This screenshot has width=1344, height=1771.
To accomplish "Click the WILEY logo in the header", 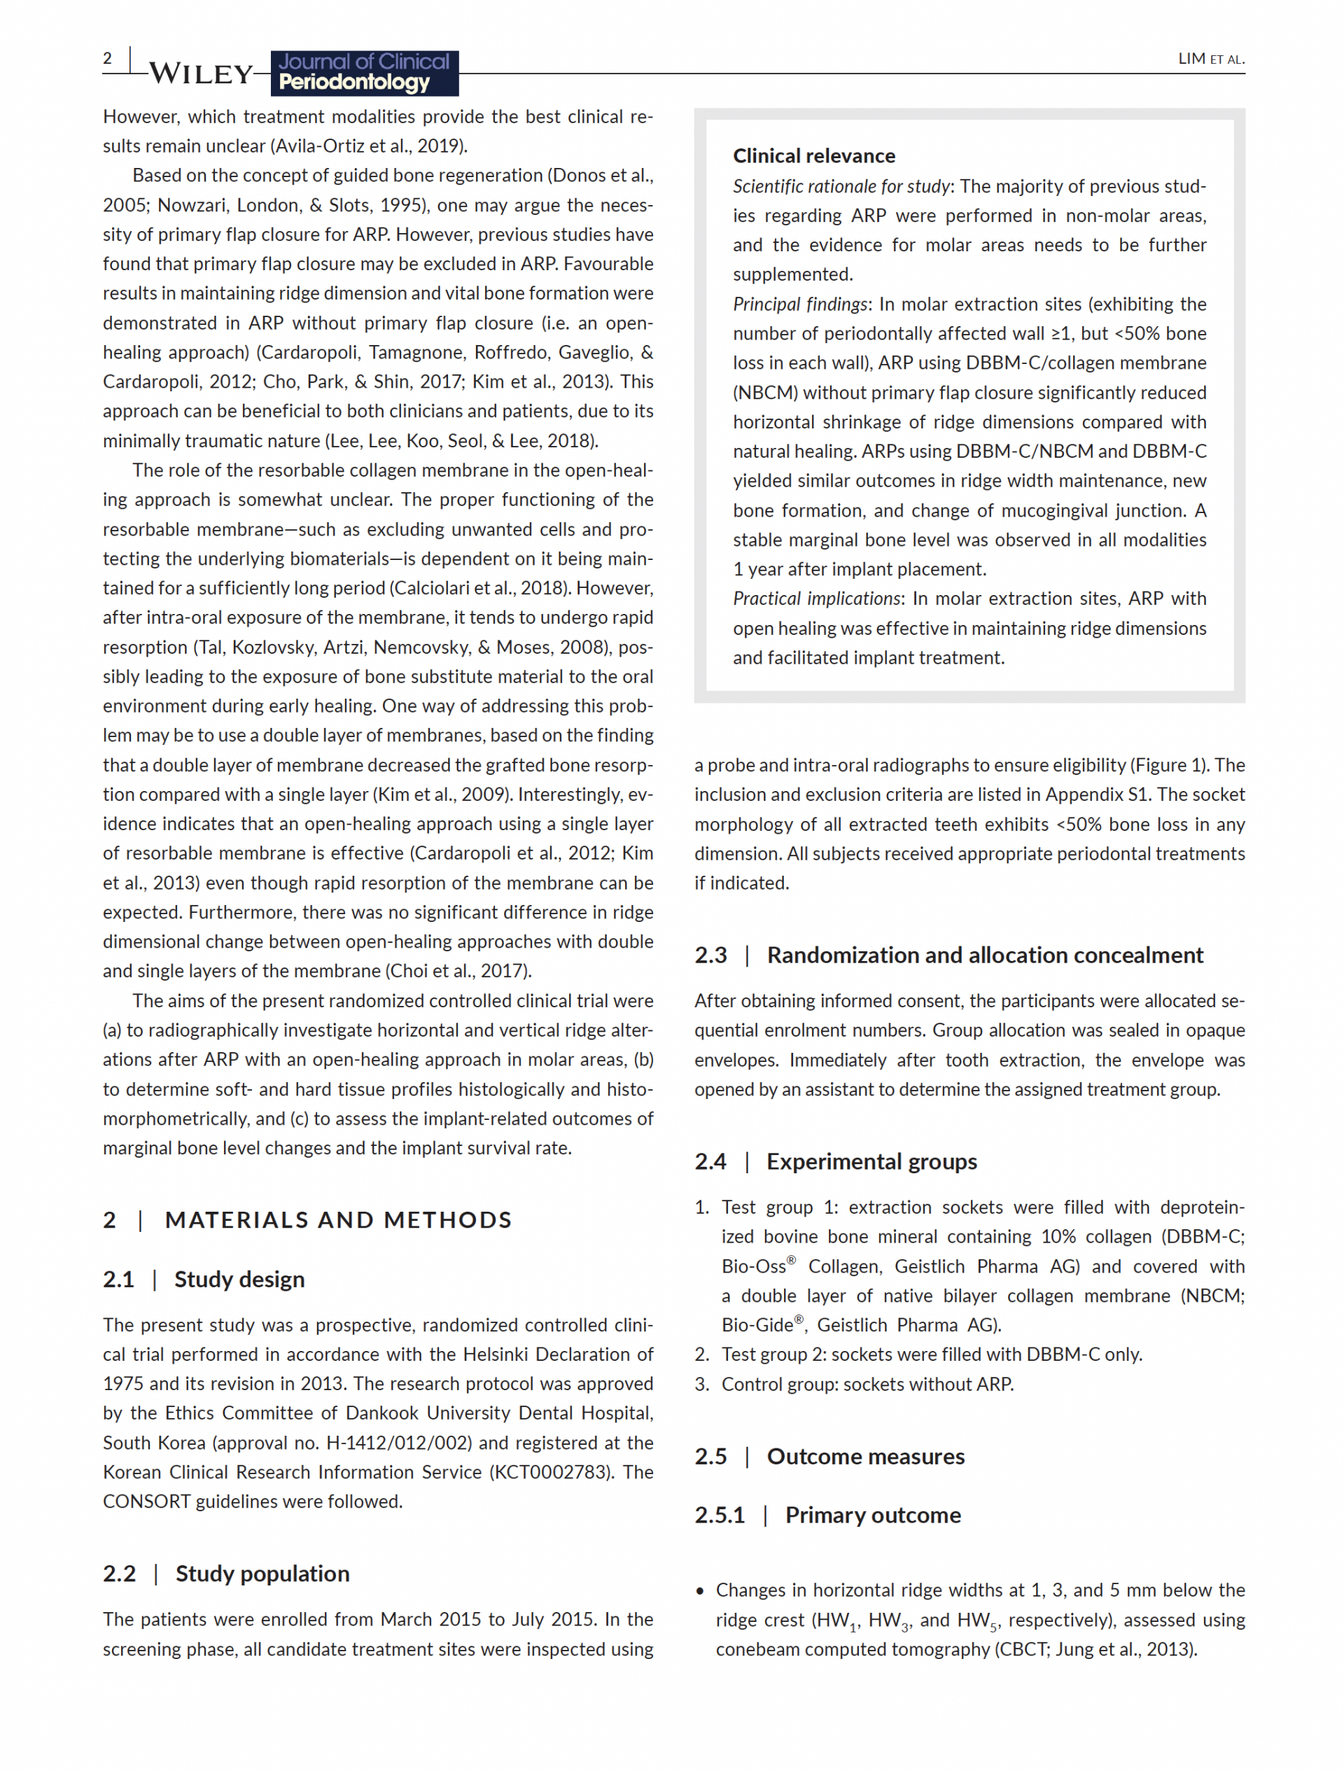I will click(201, 73).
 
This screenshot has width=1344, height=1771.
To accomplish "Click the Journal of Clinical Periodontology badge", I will click(364, 73).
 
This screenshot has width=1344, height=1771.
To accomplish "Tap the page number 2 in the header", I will click(107, 58).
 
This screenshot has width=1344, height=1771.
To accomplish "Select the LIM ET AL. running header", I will click(1210, 59).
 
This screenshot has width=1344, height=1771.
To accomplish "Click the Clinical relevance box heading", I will click(813, 156).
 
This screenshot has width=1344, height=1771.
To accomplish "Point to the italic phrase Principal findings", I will click(799, 304).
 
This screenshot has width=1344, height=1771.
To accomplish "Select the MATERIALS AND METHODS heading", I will click(338, 1220).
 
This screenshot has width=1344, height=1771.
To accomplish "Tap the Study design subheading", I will click(239, 1280).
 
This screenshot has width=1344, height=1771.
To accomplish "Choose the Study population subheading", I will click(262, 1574).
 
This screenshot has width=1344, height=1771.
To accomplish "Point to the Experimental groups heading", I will click(871, 1162).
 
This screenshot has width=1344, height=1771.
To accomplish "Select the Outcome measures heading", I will click(865, 1457).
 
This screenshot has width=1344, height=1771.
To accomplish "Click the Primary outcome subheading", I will click(872, 1515).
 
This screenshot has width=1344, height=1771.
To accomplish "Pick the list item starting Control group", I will click(867, 1385).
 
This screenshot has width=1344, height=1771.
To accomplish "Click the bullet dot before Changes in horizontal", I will click(701, 1592).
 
